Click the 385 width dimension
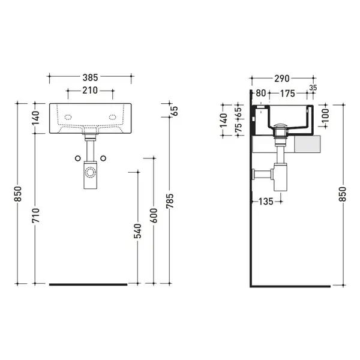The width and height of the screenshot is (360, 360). pos(90,77)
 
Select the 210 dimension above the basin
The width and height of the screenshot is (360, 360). pos(90,91)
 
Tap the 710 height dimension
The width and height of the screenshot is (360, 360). pos(36,215)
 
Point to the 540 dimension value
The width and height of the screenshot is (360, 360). pos(138,231)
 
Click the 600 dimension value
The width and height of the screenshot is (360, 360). pos(154,215)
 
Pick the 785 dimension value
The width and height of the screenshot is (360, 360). pos(170,201)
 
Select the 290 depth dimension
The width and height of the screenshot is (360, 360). pos(282,79)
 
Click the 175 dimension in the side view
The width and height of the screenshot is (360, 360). pos(287,94)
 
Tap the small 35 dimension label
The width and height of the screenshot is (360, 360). pos(313,88)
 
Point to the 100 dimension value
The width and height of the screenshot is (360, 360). pos(326,115)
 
